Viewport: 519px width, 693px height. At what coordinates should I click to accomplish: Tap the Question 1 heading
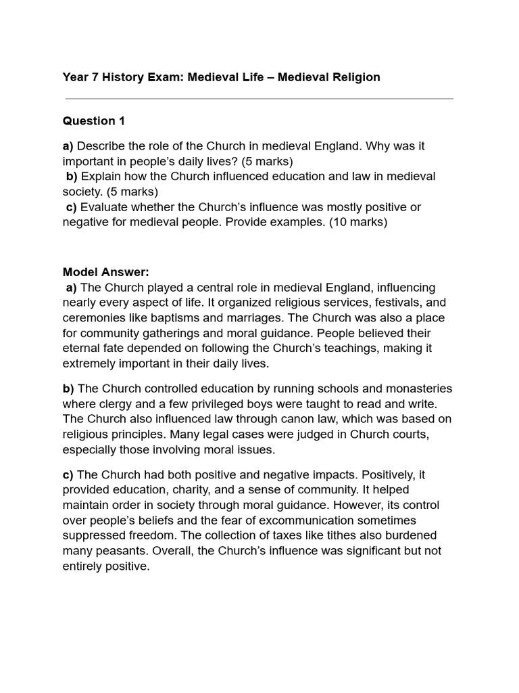coord(94,121)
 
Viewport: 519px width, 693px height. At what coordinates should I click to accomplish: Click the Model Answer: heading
coord(105,272)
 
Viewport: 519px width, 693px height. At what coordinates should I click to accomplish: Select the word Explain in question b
coord(102,177)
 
